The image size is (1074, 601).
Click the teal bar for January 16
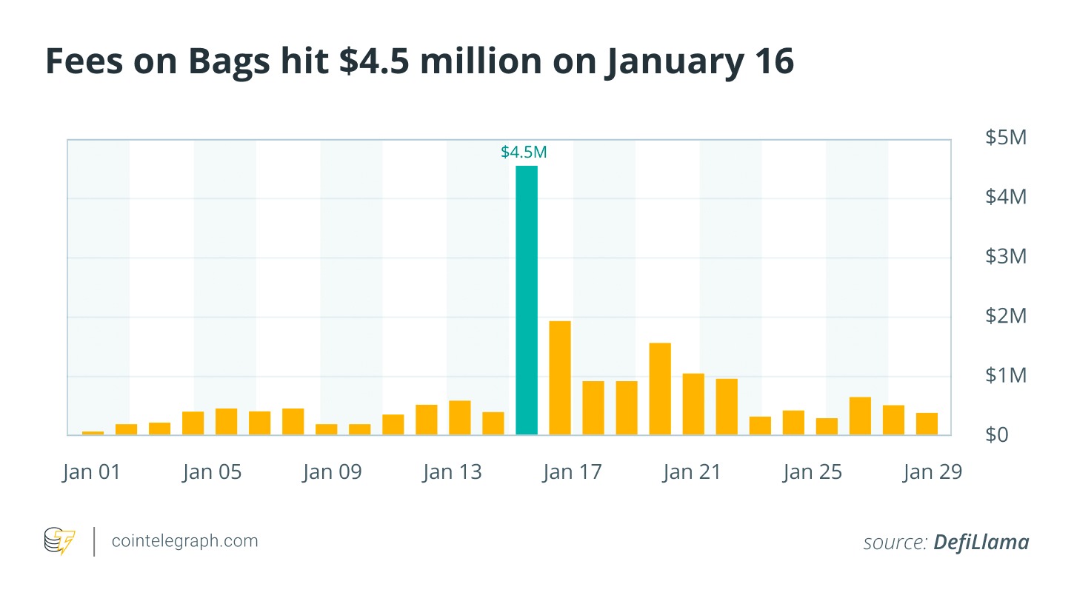tap(527, 300)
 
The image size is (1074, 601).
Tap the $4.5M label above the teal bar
tap(524, 152)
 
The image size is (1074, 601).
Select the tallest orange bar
tap(560, 377)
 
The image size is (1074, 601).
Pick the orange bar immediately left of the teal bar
tap(493, 423)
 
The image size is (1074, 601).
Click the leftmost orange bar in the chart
tap(93, 432)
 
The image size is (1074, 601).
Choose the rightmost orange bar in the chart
tap(927, 424)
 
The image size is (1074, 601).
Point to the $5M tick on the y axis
tap(1005, 138)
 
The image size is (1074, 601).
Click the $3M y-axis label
tap(1005, 257)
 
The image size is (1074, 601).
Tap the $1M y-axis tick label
tap(1005, 375)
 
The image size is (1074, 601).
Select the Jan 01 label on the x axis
tap(91, 472)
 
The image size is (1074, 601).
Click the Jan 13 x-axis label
tap(452, 472)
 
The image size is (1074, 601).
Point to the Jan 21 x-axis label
tap(691, 472)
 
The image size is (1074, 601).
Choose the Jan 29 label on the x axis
tap(932, 472)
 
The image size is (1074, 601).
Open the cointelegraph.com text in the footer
tap(184, 541)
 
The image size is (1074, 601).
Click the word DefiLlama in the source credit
tap(981, 543)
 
